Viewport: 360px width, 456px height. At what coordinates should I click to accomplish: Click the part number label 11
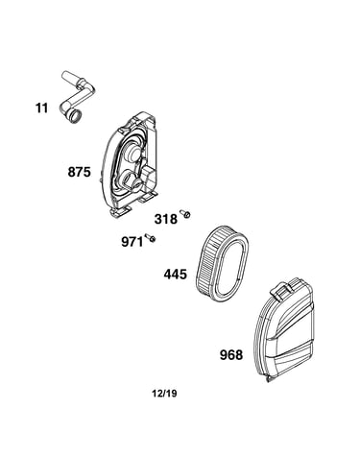click(x=41, y=108)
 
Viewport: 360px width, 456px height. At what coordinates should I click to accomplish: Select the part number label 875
click(x=80, y=172)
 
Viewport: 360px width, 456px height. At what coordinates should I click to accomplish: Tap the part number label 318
click(x=166, y=219)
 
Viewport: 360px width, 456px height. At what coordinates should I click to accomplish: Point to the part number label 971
click(x=132, y=242)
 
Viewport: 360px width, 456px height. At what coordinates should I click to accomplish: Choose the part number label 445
click(x=176, y=275)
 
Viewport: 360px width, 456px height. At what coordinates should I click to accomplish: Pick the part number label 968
click(x=231, y=355)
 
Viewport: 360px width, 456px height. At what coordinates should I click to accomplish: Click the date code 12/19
click(x=164, y=394)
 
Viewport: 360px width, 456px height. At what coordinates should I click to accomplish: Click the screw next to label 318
click(x=185, y=213)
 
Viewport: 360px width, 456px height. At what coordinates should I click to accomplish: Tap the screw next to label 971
click(x=150, y=237)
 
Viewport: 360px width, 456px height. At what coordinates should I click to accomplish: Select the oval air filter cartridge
click(x=222, y=262)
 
